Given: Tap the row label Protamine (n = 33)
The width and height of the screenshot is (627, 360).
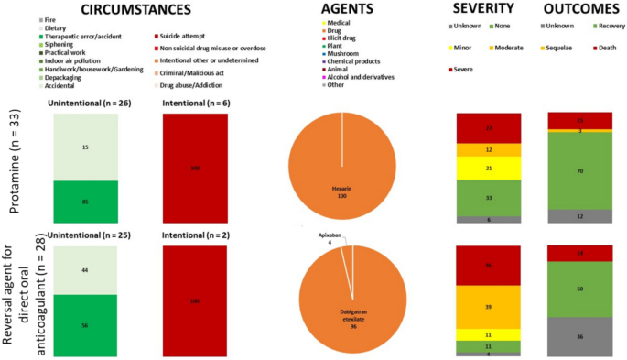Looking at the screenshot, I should [16, 164].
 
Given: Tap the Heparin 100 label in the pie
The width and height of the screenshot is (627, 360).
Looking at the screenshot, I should [342, 190].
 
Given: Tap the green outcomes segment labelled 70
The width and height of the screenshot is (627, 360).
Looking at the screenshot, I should [579, 170].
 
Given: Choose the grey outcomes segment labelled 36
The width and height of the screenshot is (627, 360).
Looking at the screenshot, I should [579, 336].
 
